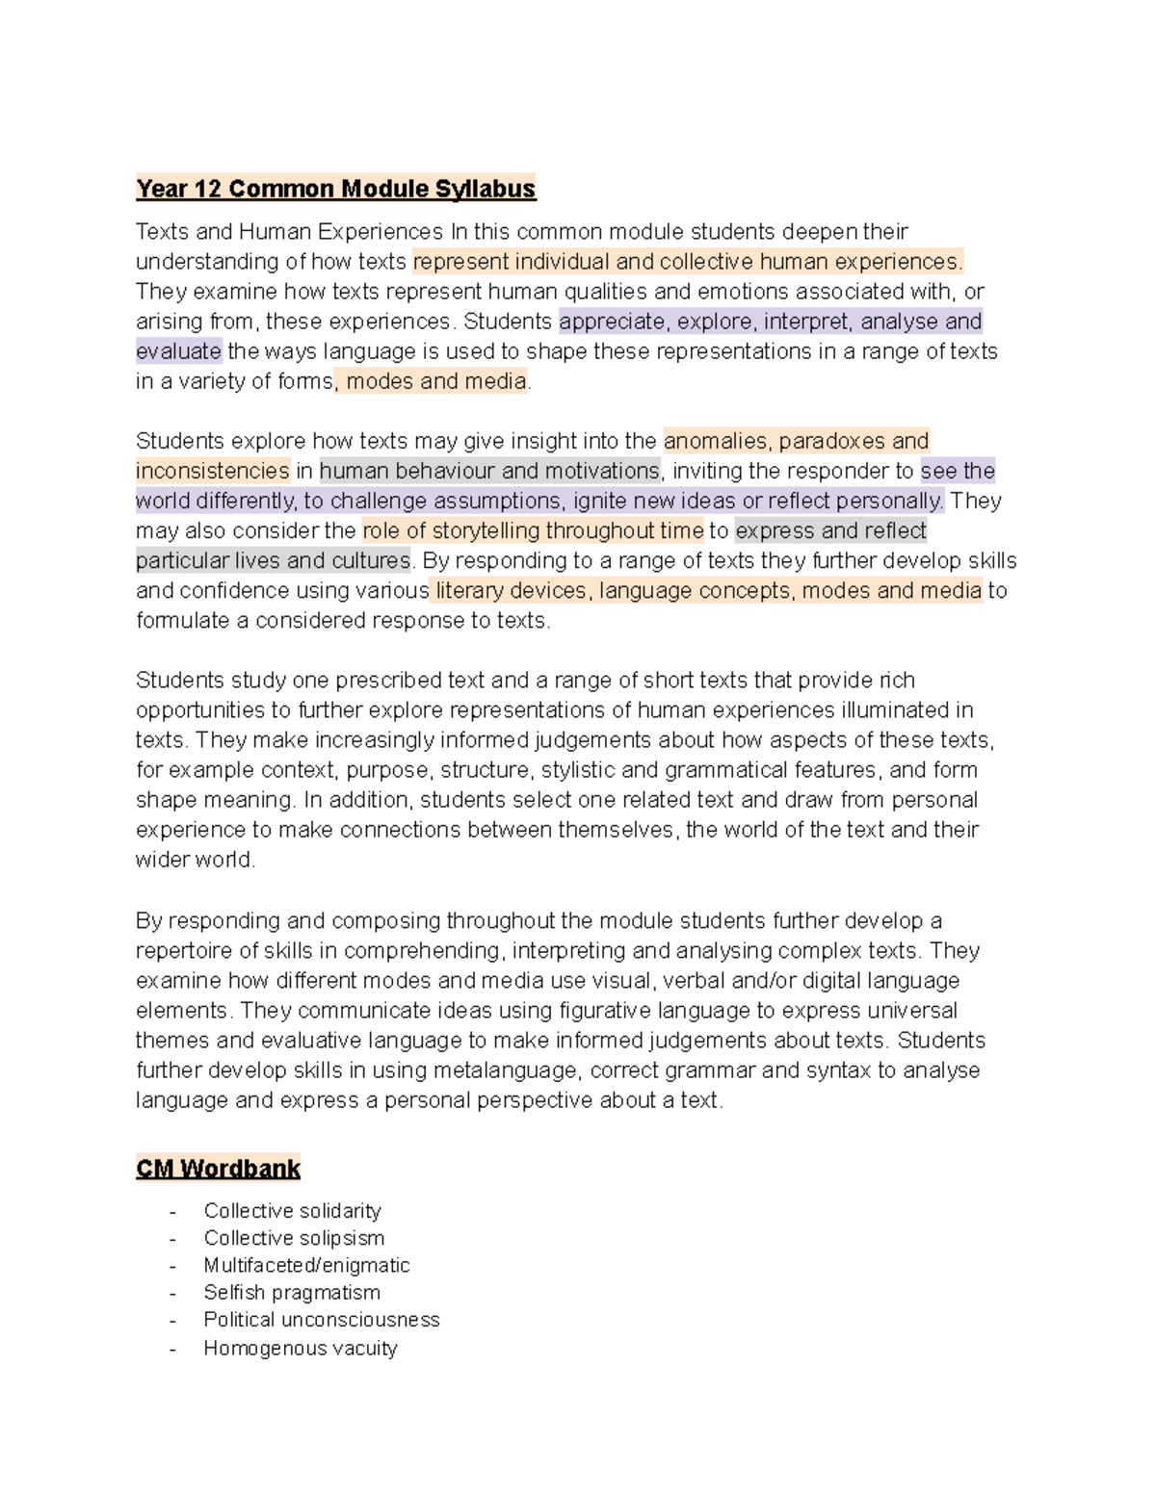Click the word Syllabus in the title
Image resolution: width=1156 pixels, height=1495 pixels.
click(x=485, y=189)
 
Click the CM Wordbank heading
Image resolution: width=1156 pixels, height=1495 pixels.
click(x=218, y=1169)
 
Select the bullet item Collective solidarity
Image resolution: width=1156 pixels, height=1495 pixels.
click(x=292, y=1211)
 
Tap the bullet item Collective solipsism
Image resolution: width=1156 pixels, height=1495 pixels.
click(x=294, y=1238)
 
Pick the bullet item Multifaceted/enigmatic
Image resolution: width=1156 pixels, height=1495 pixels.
click(x=306, y=1265)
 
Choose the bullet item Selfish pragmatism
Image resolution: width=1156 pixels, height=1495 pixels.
click(x=292, y=1292)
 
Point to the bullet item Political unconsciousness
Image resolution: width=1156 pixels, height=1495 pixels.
click(x=322, y=1320)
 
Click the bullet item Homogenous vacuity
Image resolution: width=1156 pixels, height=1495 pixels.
click(x=300, y=1348)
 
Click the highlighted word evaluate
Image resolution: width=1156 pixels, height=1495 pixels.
click(x=178, y=351)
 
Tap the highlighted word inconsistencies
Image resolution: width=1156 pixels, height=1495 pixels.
click(x=212, y=471)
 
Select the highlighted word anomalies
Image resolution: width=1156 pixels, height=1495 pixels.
click(x=716, y=441)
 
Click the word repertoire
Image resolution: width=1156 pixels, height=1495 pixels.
click(x=184, y=951)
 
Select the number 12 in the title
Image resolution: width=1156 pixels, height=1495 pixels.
click(x=207, y=189)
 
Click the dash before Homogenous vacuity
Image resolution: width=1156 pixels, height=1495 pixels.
click(x=172, y=1349)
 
